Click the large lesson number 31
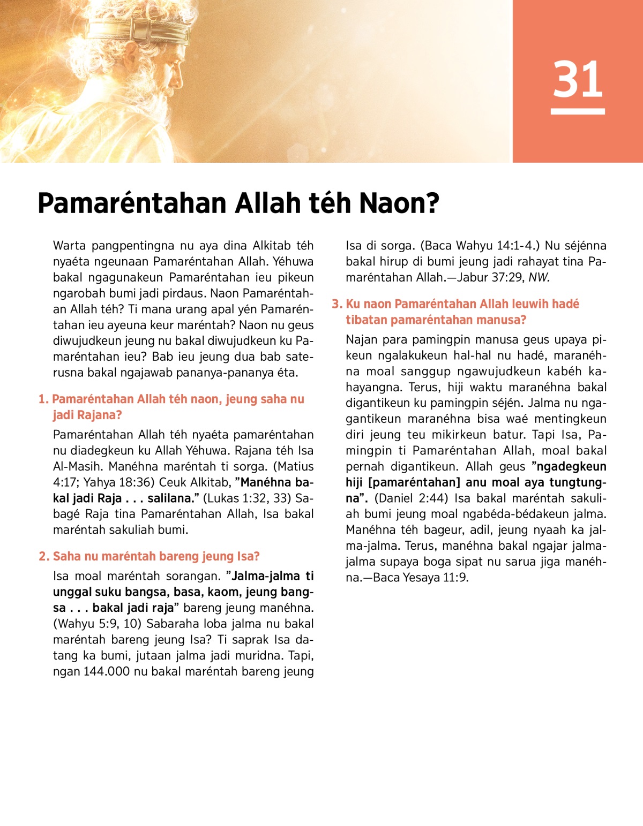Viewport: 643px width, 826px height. pos(578,79)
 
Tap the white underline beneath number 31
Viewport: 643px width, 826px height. pos(578,111)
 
